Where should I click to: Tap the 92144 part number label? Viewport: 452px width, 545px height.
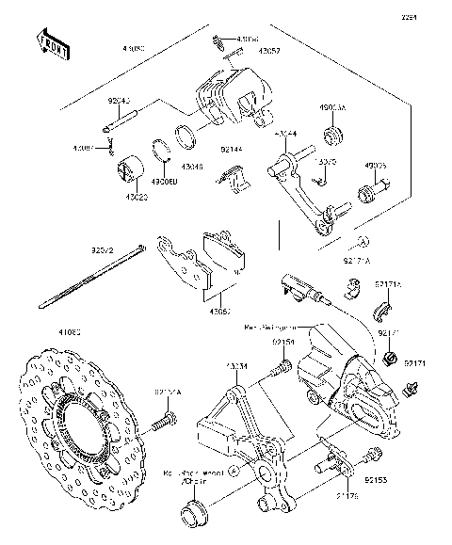pyautogui.click(x=233, y=149)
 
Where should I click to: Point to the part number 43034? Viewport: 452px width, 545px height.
pyautogui.click(x=235, y=364)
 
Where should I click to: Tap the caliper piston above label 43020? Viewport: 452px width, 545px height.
pyautogui.click(x=126, y=169)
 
